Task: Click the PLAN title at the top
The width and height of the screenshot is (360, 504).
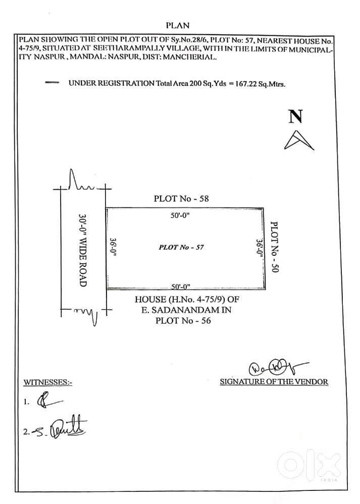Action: pyautogui.click(x=177, y=25)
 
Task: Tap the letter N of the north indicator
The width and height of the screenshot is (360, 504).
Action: pyautogui.click(x=295, y=117)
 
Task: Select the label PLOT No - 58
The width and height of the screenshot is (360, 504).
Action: pyautogui.click(x=181, y=199)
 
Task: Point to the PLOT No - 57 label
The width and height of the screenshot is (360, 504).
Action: pyautogui.click(x=181, y=247)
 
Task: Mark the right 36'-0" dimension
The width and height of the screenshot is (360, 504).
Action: pyautogui.click(x=259, y=248)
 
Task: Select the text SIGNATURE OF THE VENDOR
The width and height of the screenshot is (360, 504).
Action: pyautogui.click(x=274, y=382)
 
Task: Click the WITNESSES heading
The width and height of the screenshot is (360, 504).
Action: pyautogui.click(x=48, y=382)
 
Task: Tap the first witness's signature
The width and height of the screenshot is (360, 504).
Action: pyautogui.click(x=46, y=402)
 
